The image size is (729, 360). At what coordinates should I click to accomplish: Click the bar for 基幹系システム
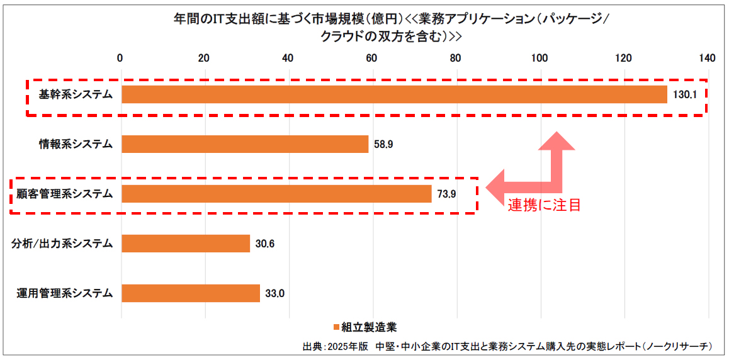(394, 94)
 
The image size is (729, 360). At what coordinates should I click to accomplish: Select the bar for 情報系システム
(245, 144)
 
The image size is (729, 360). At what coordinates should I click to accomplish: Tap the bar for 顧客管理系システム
(276, 194)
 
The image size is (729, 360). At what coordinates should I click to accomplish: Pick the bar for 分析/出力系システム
(186, 244)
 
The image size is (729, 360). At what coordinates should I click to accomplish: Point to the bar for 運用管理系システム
(191, 293)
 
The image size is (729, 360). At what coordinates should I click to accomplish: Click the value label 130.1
(685, 95)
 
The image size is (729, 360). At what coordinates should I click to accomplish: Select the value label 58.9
(383, 145)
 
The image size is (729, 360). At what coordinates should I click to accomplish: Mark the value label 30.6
(265, 244)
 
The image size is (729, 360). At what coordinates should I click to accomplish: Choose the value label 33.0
(274, 293)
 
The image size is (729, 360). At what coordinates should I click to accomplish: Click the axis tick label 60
(371, 59)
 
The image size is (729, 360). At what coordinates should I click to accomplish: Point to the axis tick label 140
(707, 59)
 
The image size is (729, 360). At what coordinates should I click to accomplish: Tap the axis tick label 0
(120, 59)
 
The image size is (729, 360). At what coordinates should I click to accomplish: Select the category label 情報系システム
(76, 144)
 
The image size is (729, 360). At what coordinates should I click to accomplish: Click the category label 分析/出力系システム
(62, 244)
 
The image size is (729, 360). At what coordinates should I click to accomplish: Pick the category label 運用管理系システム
(65, 293)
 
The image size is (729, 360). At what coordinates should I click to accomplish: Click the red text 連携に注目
(545, 205)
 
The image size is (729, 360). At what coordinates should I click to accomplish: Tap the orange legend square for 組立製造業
(336, 327)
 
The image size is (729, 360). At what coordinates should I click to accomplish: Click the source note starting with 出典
(507, 346)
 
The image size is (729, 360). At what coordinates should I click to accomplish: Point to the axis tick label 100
(539, 59)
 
